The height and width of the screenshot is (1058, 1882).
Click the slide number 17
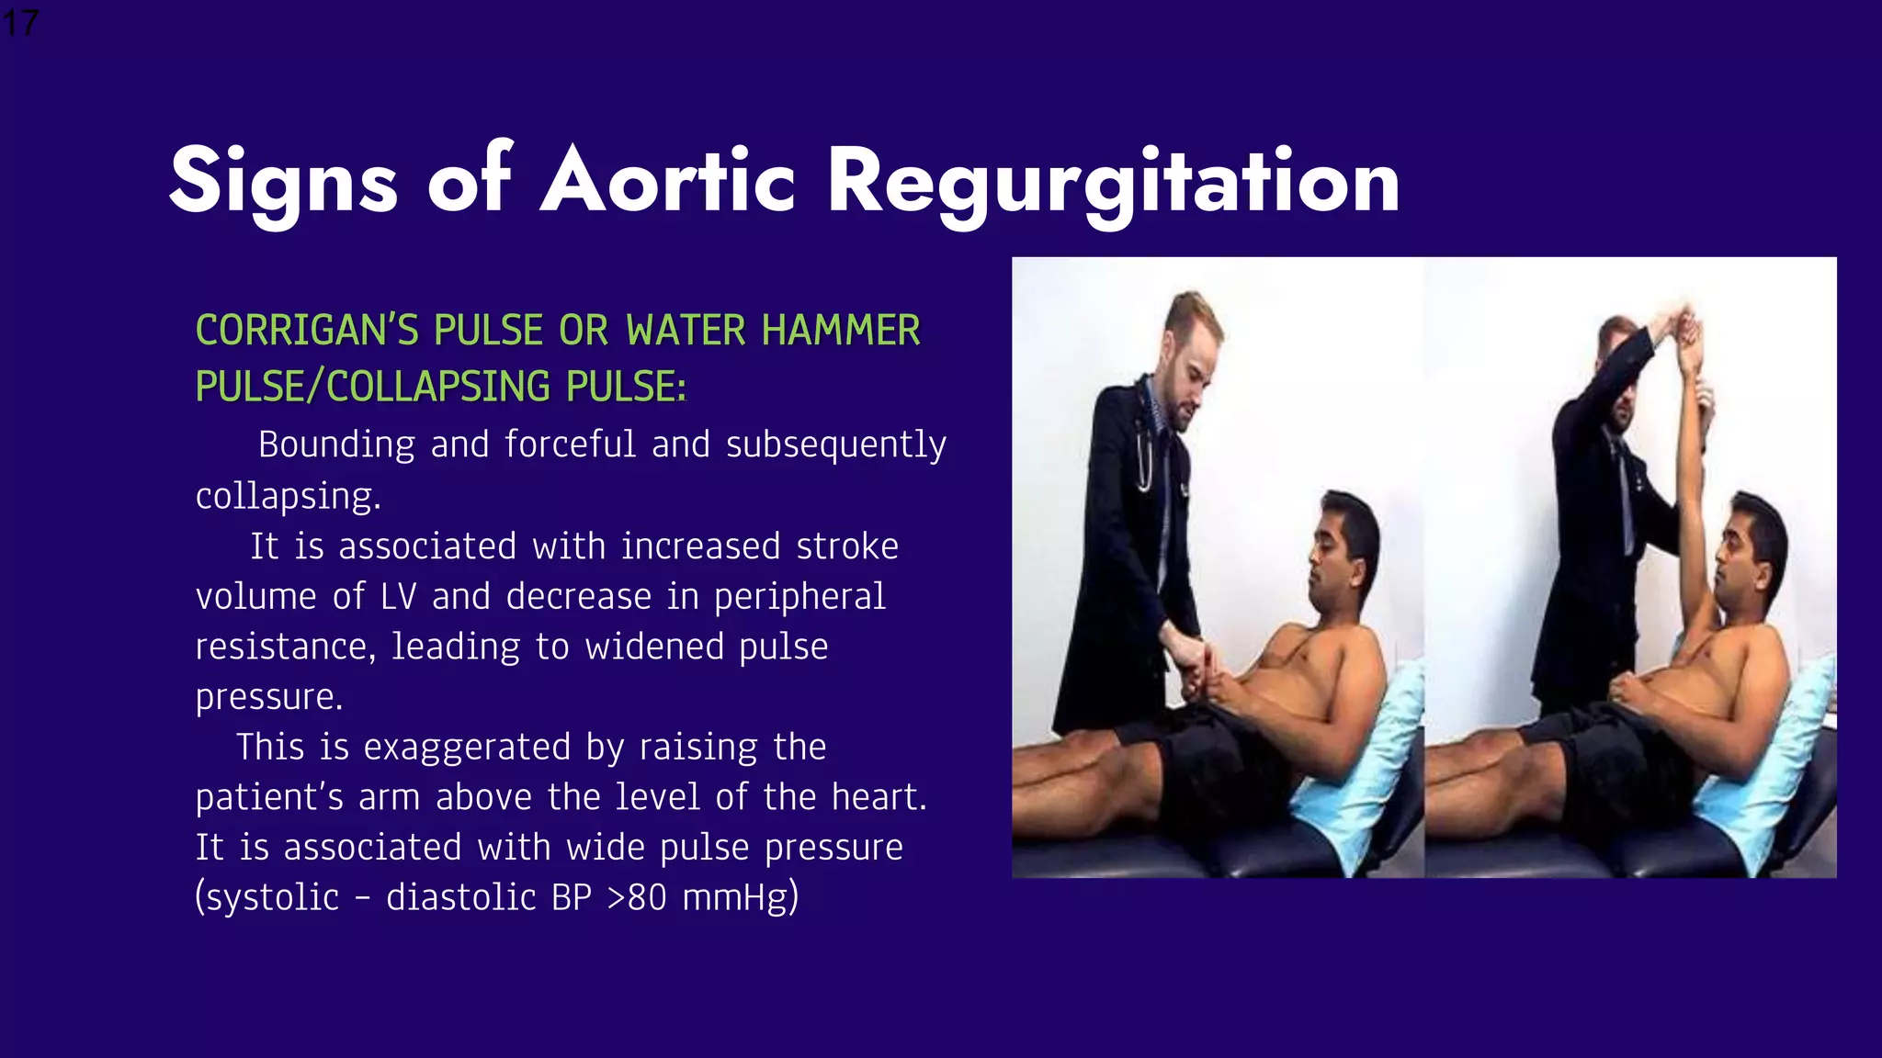[x=19, y=22]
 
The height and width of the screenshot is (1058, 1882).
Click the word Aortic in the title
[x=667, y=181]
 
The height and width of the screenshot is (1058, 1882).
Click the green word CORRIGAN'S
[x=307, y=331]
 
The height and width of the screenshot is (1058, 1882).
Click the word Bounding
[x=336, y=445]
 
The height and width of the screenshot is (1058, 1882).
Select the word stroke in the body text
[x=846, y=546]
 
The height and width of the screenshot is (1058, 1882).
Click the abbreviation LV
[x=398, y=597]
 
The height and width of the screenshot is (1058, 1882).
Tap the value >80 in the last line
[x=636, y=897]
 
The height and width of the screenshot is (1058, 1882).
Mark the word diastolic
[x=460, y=897]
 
